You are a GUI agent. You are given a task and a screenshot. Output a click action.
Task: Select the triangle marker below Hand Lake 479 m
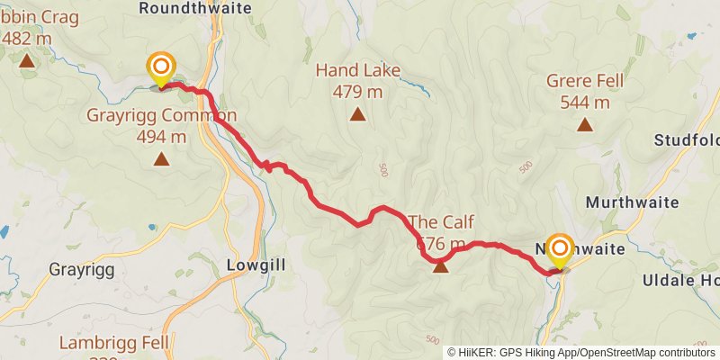358,114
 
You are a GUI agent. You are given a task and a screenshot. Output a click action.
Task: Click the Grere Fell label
585,81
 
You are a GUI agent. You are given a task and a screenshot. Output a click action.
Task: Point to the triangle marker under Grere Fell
585,125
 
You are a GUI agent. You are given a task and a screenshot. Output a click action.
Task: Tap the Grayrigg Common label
161,115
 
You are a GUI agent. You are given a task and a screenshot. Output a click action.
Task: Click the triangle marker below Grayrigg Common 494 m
161,159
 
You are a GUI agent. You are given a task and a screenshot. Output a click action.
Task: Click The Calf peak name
440,222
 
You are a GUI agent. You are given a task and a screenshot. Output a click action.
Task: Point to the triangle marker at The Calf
441,265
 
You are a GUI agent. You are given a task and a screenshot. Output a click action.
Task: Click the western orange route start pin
161,67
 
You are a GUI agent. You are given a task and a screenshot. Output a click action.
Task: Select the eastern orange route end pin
560,249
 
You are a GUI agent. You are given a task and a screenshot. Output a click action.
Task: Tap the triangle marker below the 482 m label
26,61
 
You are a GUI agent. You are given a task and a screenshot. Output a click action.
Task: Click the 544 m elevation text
585,102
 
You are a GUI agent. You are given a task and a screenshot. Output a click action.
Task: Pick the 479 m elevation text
358,91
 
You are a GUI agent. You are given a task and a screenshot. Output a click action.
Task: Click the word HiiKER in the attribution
480,353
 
